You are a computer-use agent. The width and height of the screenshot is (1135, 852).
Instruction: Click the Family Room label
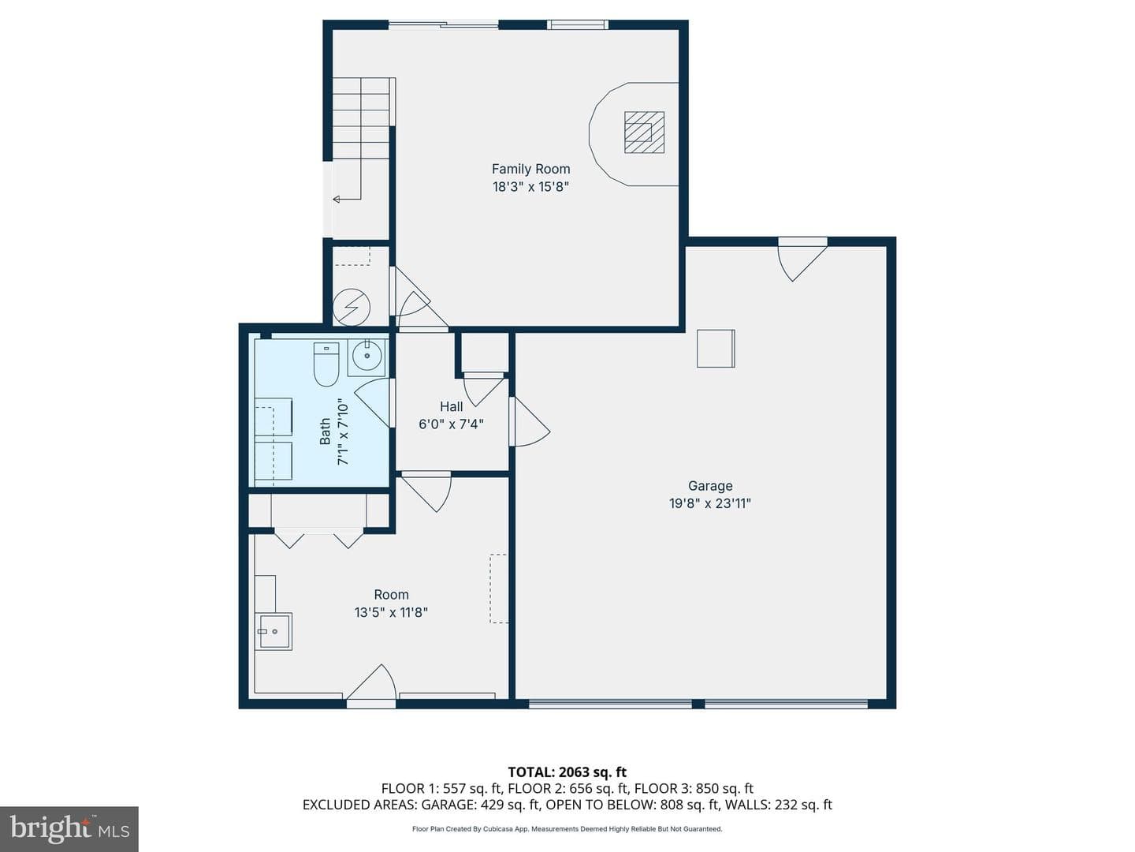point(530,169)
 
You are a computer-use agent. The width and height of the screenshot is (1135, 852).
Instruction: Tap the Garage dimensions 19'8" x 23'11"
point(710,503)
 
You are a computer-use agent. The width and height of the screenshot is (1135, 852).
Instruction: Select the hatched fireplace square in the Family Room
point(644,133)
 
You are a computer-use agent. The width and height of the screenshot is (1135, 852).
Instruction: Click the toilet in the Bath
point(326,364)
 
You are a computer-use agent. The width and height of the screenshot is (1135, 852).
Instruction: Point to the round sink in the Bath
point(367,355)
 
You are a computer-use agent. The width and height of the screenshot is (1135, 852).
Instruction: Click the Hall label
point(451,406)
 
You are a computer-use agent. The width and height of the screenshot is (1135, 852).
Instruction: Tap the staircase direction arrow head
point(336,199)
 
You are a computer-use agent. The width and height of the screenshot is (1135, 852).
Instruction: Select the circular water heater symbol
point(352,308)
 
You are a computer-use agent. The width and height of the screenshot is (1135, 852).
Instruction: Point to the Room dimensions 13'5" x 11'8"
point(391,612)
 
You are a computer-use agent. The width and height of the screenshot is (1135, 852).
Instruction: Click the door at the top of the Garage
point(802,260)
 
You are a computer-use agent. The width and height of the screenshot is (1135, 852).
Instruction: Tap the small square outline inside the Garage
point(716,349)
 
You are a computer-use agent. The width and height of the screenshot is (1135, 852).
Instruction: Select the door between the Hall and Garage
point(529,421)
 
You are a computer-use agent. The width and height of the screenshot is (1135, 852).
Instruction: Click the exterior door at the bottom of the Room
point(372,686)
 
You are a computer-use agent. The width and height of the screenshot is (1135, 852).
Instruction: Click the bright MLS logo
point(69,828)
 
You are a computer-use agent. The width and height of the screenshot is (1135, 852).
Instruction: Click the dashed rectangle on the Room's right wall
point(499,589)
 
